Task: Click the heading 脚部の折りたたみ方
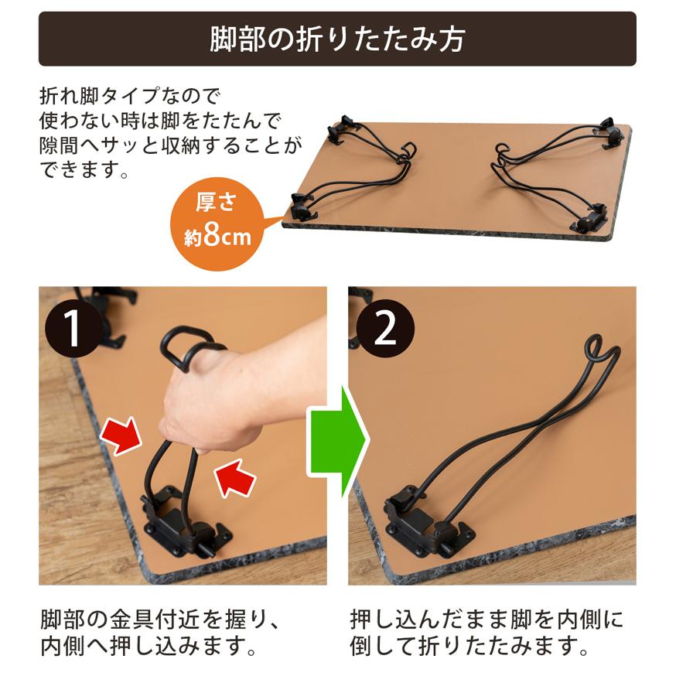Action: [x=337, y=39]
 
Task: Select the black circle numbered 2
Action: [x=384, y=329]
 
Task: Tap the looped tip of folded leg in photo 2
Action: [x=601, y=350]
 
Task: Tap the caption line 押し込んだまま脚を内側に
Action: [x=487, y=620]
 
